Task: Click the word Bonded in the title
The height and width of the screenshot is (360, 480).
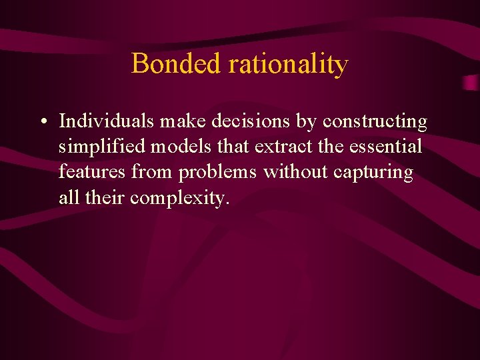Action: [176, 64]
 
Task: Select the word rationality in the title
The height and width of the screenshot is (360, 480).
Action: [288, 65]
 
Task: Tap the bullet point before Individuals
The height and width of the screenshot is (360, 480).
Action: [43, 123]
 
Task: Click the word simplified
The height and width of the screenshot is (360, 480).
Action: [103, 147]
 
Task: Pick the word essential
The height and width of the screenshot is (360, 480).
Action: [385, 147]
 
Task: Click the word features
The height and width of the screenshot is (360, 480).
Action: [92, 172]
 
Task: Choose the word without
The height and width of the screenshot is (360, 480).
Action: [295, 172]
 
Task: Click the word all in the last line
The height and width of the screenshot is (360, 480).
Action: [67, 197]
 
